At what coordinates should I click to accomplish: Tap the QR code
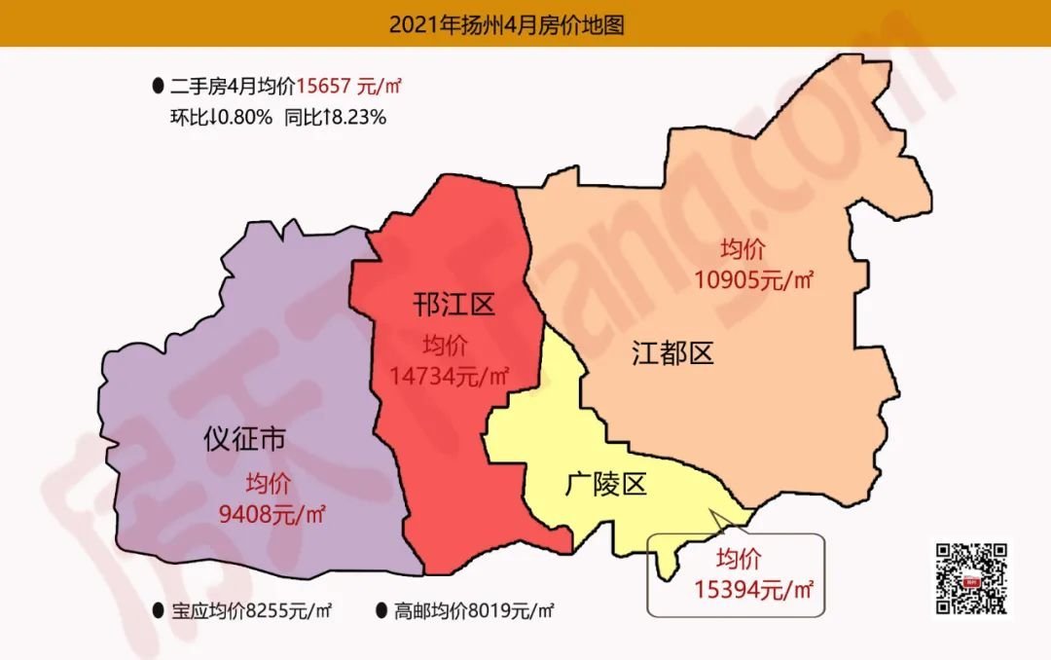[x=970, y=579]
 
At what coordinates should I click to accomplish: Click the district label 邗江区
[x=453, y=306]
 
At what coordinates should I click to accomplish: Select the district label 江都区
[x=672, y=352]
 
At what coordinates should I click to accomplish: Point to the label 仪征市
[x=244, y=440]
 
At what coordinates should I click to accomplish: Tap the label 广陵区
[x=605, y=484]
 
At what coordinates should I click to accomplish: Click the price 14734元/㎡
[x=451, y=375]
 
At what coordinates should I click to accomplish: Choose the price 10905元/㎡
[x=754, y=280]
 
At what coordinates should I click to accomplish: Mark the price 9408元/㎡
[x=271, y=513]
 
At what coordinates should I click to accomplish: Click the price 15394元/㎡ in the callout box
[x=754, y=588]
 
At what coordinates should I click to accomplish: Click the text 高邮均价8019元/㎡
[x=474, y=611]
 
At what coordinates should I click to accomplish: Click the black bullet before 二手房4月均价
[x=158, y=87]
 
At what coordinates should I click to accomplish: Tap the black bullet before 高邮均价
[x=381, y=611]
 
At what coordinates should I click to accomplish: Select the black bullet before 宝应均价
[x=158, y=611]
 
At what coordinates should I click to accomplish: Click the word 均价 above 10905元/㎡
[x=743, y=248]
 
